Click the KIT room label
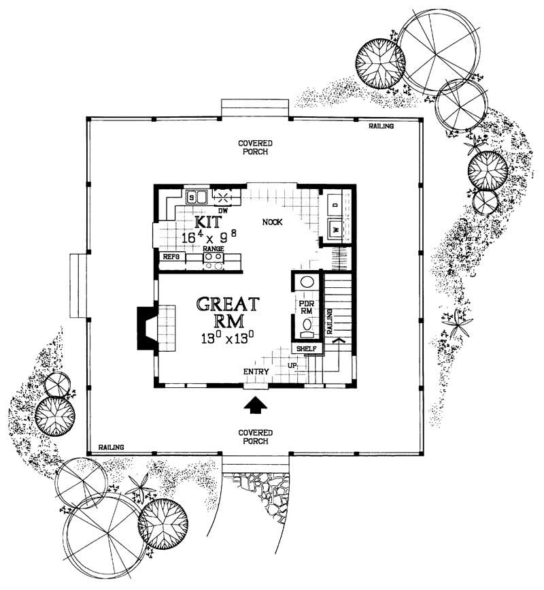pyautogui.click(x=206, y=223)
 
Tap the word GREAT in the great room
pyautogui.click(x=228, y=304)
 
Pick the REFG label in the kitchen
pyautogui.click(x=170, y=257)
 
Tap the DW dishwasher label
pyautogui.click(x=222, y=211)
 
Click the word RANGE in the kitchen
pyautogui.click(x=213, y=249)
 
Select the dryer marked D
pyautogui.click(x=335, y=203)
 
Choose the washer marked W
pyautogui.click(x=335, y=229)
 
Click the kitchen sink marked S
pyautogui.click(x=192, y=198)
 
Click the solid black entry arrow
pyautogui.click(x=256, y=406)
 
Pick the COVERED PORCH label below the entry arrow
pyautogui.click(x=255, y=437)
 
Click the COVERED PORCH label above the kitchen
pyautogui.click(x=255, y=148)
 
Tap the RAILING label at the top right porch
pyautogui.click(x=382, y=127)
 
